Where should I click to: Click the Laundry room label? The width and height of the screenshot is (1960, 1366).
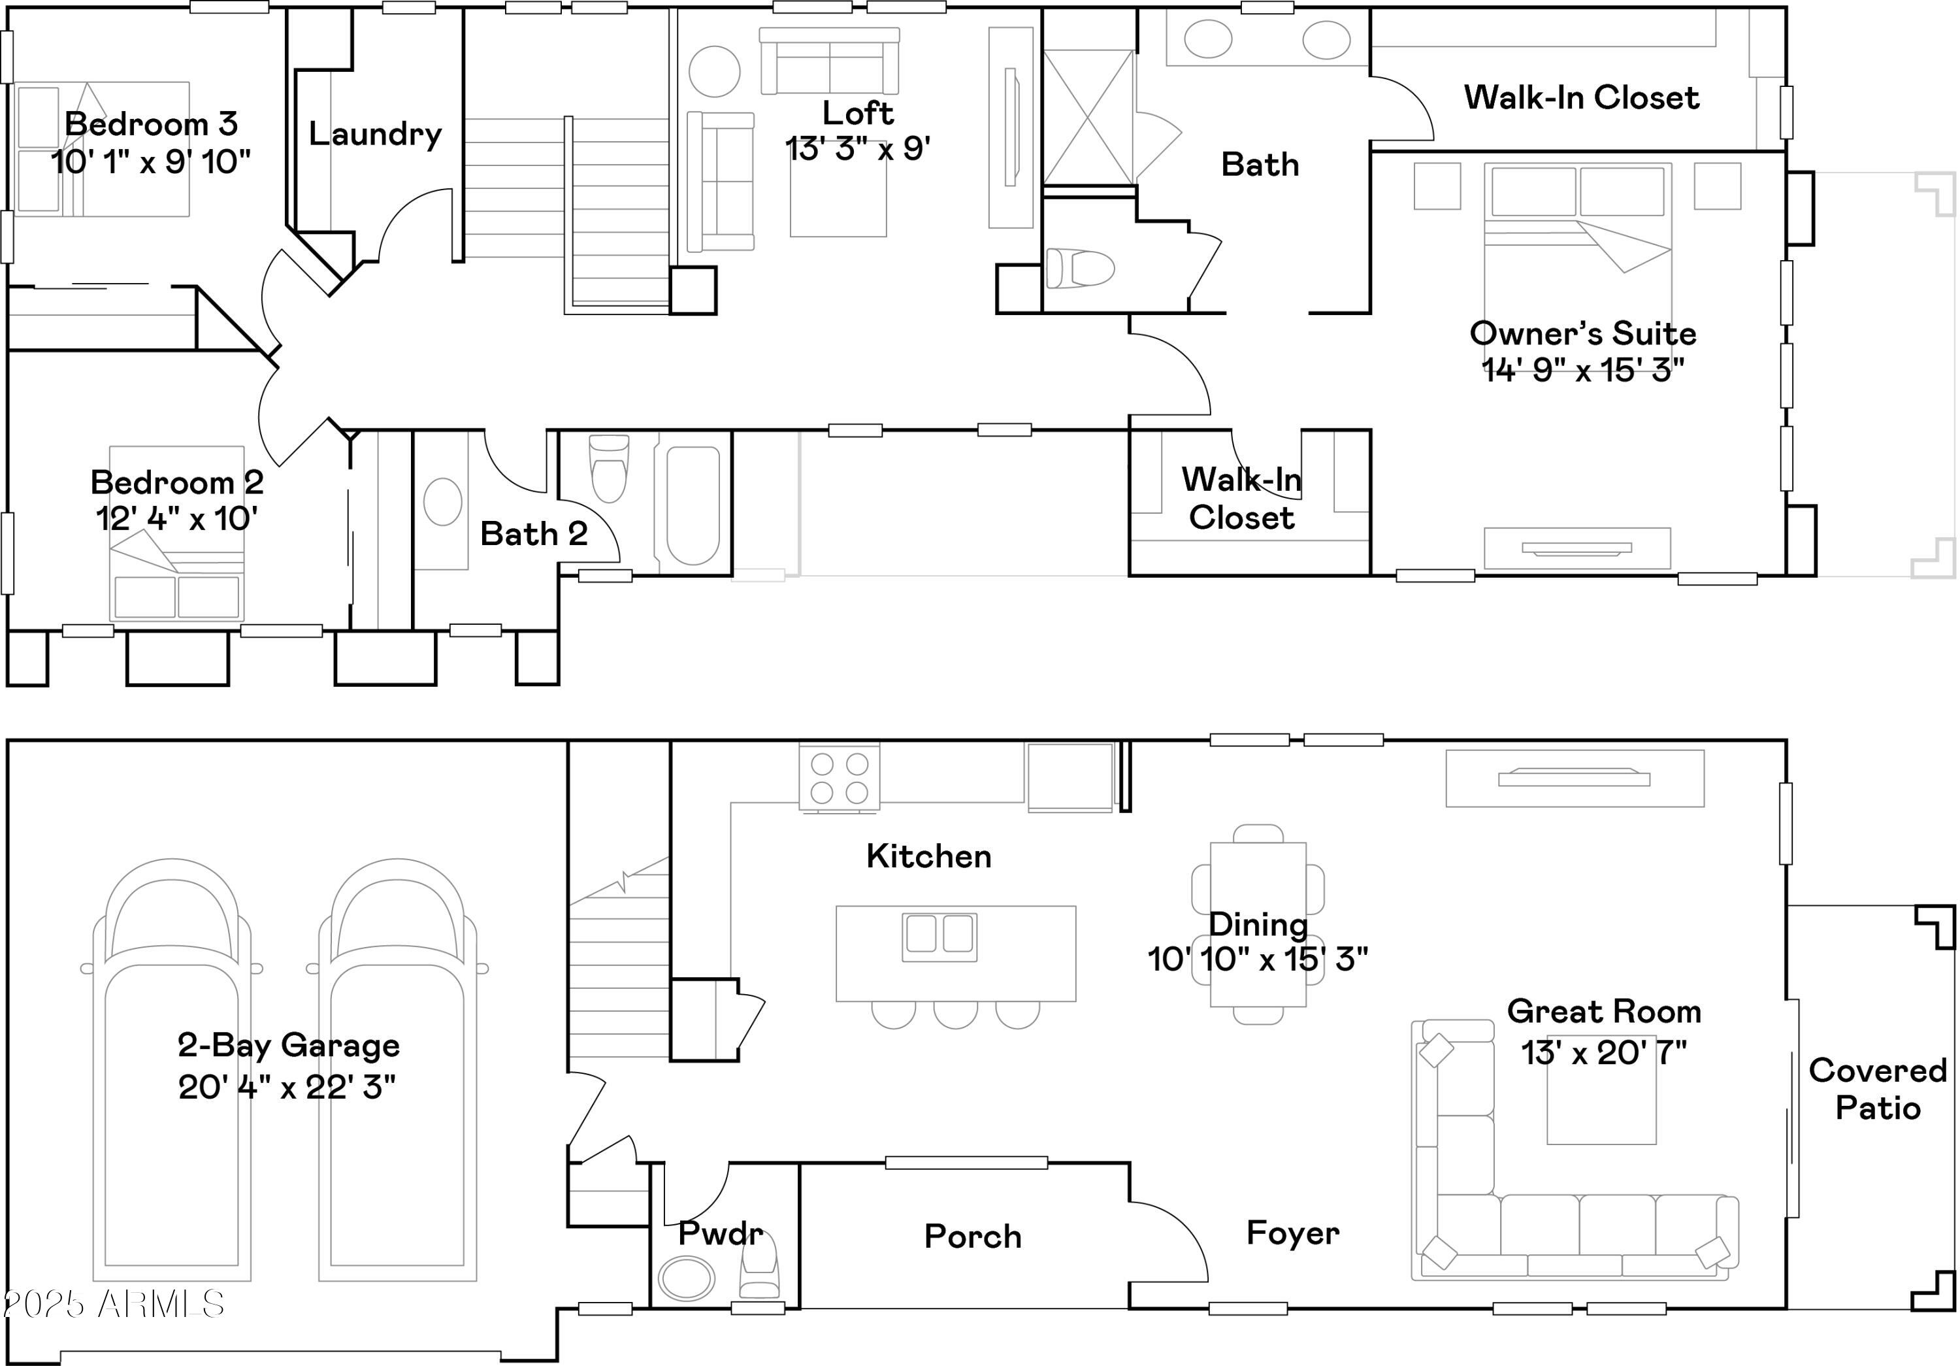tap(376, 134)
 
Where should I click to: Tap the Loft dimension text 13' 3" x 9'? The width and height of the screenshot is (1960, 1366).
tap(858, 148)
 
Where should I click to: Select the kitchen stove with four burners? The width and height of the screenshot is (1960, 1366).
tap(839, 777)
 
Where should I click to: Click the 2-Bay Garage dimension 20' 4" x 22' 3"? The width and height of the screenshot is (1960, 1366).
tap(287, 1087)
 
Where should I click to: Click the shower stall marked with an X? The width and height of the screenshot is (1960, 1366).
tap(1088, 117)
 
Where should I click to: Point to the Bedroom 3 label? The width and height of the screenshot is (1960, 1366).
tap(151, 124)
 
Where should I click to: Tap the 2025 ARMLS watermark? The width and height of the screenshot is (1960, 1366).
tap(114, 1304)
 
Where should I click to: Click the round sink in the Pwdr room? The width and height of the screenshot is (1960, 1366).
tap(687, 1277)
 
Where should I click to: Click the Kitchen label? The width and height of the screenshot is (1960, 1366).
tap(929, 856)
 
